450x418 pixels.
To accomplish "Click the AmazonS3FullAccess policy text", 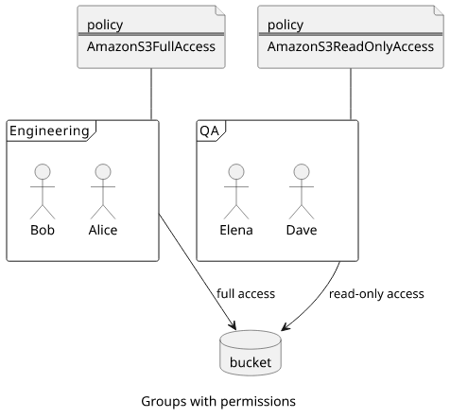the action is coord(151,46).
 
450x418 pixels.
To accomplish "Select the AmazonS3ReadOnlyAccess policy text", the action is coord(351,46).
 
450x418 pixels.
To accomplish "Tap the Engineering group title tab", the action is coord(51,131).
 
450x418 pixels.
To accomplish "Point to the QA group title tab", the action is coord(211,131).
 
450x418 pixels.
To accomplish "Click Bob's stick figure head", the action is coord(43,172).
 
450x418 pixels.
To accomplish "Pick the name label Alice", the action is coord(103,230).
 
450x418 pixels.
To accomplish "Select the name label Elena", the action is coord(236,230).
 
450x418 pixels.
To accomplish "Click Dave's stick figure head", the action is coord(302,172).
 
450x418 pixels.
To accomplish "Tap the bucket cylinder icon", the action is coord(251,353).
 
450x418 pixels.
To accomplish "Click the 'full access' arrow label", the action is coord(246,293).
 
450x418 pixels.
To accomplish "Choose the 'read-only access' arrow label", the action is coord(376,294).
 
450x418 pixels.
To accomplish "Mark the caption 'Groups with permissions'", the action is coord(218,402).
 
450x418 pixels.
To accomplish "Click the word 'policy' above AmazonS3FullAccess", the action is coord(105,25).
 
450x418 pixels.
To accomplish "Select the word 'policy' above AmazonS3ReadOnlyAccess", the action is coord(286,25).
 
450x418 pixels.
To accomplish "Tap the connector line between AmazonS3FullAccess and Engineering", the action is coord(151,94).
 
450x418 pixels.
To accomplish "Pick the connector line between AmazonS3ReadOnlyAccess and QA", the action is coord(351,94).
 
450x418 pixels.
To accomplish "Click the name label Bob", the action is coord(43,230).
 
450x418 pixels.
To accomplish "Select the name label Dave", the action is coord(302,230).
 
